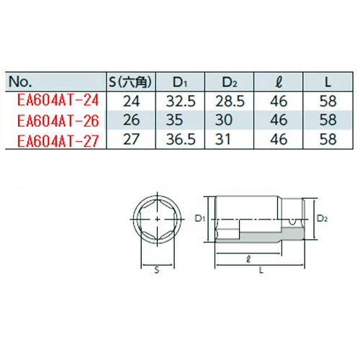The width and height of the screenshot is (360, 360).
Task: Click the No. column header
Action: (20, 82)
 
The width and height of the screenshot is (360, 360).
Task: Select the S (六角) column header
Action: (130, 82)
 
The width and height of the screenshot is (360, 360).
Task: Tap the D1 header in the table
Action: (180, 82)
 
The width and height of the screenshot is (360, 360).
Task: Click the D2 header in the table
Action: (230, 82)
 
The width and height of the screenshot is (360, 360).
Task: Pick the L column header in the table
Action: (328, 82)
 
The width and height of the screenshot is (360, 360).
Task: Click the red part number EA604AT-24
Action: (58, 100)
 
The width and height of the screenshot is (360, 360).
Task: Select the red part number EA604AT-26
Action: (58, 120)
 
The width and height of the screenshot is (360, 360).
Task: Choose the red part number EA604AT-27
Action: (58, 141)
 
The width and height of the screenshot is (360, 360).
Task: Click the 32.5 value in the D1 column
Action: (181, 101)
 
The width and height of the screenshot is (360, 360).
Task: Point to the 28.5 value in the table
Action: (230, 101)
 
